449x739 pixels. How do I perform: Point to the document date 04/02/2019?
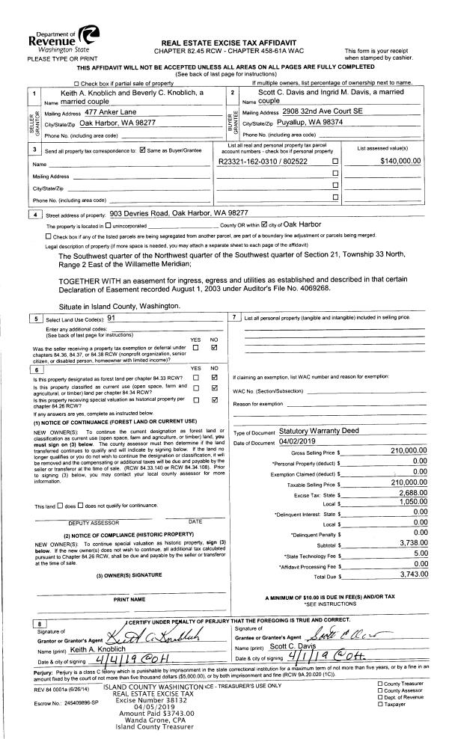click(x=308, y=443)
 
